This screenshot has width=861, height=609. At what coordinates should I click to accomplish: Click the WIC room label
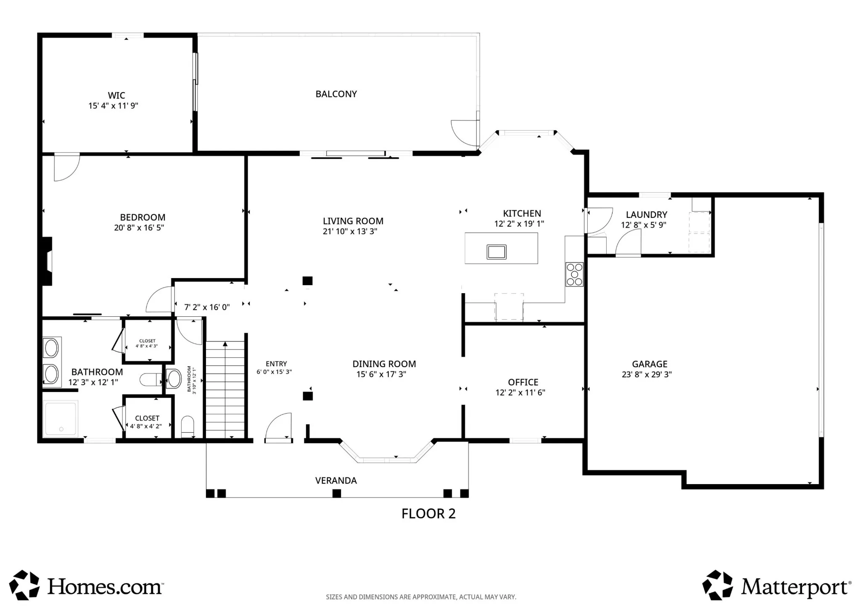[116, 95]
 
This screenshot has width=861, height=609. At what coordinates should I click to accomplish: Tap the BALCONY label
[336, 94]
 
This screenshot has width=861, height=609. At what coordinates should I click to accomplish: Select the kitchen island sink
[497, 252]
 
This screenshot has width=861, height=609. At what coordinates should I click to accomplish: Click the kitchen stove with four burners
[574, 274]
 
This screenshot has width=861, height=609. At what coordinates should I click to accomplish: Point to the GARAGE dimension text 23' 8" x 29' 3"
[647, 374]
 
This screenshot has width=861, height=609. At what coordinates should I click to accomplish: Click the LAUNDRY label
[647, 215]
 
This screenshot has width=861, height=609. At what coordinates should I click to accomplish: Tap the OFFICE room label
[523, 382]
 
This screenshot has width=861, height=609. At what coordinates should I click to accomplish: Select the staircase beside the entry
[225, 390]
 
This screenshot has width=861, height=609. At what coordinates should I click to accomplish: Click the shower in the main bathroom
[61, 418]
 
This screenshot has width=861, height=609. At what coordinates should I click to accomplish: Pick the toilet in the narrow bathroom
[188, 426]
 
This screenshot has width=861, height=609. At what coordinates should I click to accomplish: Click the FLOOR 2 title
[428, 514]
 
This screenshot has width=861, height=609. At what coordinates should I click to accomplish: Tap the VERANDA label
[336, 480]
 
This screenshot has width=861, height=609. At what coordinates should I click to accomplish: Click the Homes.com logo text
[105, 586]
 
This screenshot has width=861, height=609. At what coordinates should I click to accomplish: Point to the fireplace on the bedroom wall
[47, 262]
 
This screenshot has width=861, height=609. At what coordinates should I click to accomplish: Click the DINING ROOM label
[384, 364]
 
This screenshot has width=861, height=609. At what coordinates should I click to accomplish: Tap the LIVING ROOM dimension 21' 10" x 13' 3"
[350, 231]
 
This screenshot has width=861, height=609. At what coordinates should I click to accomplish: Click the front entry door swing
[278, 427]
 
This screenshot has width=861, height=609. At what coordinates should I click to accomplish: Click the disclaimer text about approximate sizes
[421, 597]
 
